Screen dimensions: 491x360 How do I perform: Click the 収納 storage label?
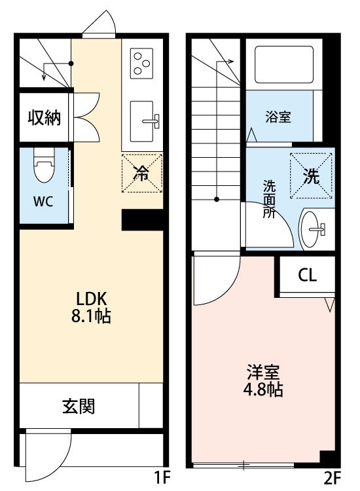tap(44, 118)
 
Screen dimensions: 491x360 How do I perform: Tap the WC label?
tap(43, 201)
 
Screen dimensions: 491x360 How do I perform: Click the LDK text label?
tap(90, 297)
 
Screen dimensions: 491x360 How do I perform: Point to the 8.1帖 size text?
tap(90, 317)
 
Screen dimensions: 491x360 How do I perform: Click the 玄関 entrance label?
tap(79, 407)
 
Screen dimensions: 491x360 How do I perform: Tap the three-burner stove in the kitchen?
tap(142, 64)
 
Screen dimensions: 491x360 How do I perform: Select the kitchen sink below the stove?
tap(145, 120)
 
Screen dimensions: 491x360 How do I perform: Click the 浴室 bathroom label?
tap(278, 117)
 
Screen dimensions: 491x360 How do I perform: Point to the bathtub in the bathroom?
tap(284, 63)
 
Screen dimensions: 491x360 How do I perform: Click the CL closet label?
tap(307, 275)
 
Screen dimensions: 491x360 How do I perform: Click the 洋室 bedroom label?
tap(264, 372)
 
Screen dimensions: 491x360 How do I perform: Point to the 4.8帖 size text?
tap(264, 391)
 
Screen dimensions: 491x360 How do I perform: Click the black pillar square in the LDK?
tap(142, 220)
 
